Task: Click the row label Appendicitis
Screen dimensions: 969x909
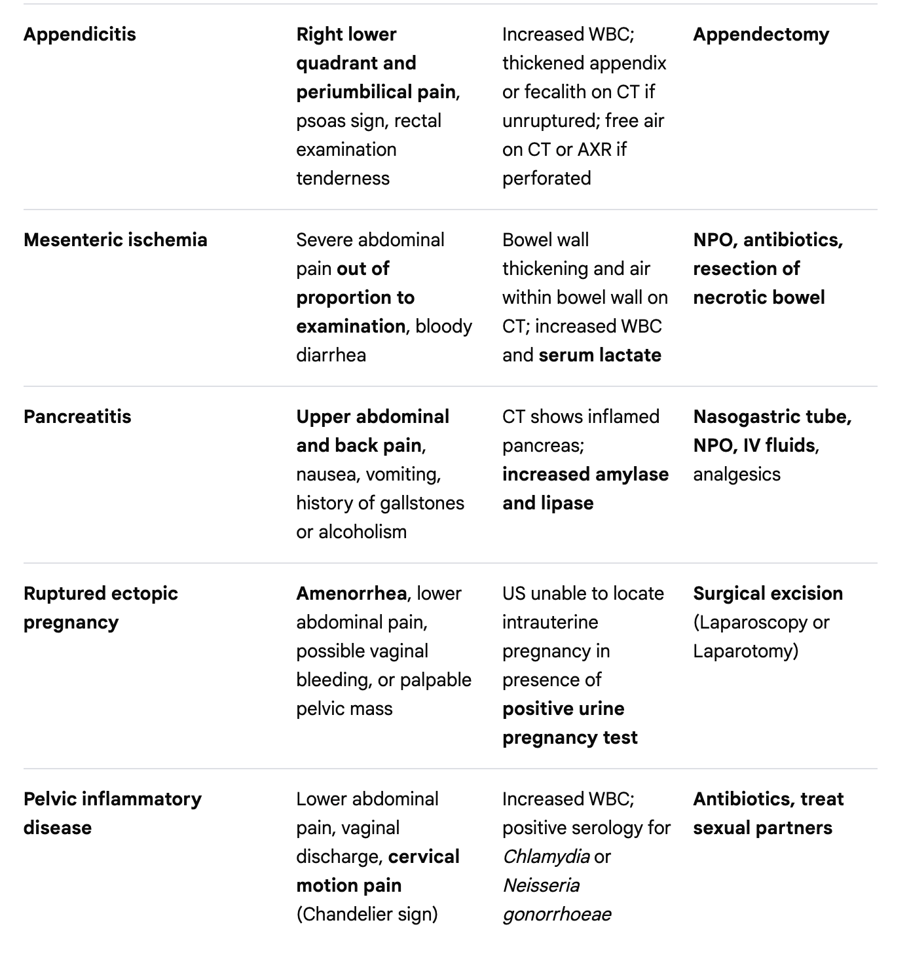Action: click(79, 34)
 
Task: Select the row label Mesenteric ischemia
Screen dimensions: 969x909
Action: click(115, 240)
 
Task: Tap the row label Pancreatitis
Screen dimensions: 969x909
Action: click(77, 416)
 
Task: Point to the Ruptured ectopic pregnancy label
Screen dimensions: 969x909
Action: click(100, 608)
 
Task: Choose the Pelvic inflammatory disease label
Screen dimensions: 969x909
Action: click(112, 813)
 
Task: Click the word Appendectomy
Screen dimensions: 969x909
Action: click(761, 34)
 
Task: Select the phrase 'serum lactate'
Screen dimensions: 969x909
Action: click(600, 355)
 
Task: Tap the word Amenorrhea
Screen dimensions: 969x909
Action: click(351, 593)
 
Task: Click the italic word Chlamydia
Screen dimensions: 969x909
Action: click(546, 856)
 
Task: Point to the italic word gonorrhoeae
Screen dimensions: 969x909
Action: click(557, 914)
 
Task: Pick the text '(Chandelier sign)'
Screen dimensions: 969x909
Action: click(367, 914)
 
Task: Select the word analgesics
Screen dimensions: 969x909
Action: click(737, 474)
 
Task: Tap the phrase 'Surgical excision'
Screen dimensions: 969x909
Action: click(768, 593)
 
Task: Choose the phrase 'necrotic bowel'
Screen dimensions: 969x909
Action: click(758, 297)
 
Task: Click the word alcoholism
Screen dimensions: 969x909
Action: click(362, 532)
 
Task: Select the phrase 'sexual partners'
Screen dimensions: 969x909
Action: click(762, 828)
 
